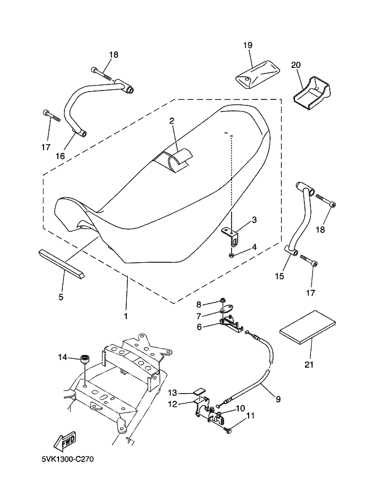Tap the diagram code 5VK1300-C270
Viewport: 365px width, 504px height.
click(x=67, y=459)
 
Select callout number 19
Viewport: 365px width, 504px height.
click(x=248, y=45)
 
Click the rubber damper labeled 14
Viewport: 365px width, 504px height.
click(x=85, y=358)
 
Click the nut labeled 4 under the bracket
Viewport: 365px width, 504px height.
click(x=233, y=255)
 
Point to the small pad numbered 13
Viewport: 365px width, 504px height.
click(x=199, y=391)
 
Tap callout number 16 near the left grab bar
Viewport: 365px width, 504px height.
click(x=60, y=156)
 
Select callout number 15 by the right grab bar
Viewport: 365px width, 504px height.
click(x=280, y=276)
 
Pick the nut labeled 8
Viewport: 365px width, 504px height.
click(x=222, y=300)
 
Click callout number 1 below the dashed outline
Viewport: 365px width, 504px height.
click(x=126, y=316)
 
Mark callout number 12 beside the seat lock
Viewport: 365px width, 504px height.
click(x=173, y=404)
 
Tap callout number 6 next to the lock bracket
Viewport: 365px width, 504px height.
click(x=200, y=327)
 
